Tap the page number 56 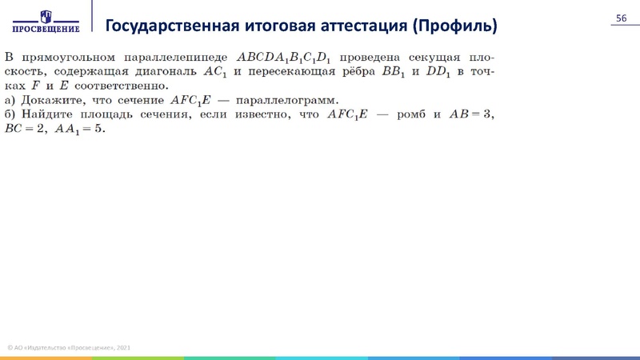tap(620, 19)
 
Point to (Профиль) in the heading tap(454, 26)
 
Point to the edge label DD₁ tap(435, 73)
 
